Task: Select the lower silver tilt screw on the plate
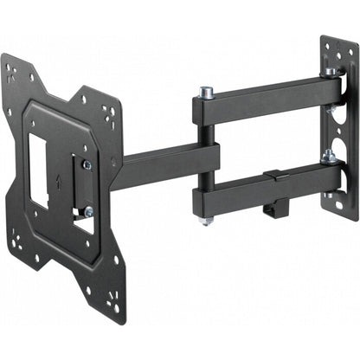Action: click(x=87, y=210)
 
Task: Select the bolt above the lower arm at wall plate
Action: click(x=328, y=156)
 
